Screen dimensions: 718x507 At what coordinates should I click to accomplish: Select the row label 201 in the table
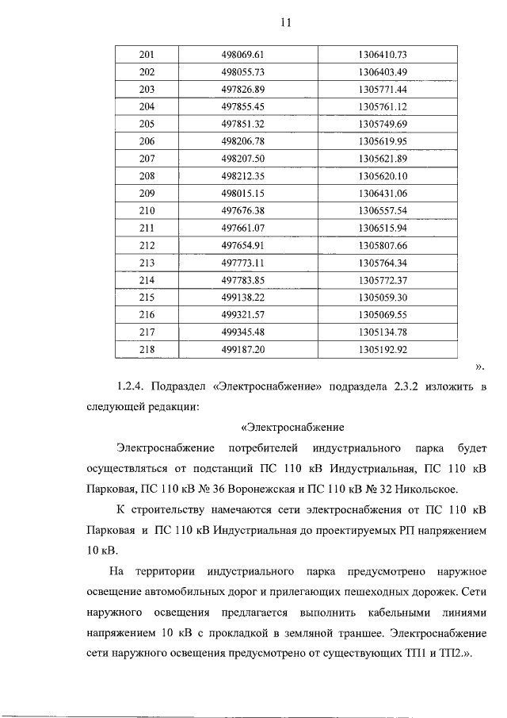click(147, 55)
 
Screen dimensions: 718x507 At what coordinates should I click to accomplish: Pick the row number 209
click(147, 193)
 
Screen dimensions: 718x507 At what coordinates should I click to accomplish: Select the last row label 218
click(147, 348)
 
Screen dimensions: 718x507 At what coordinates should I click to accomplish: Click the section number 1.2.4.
click(132, 386)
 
